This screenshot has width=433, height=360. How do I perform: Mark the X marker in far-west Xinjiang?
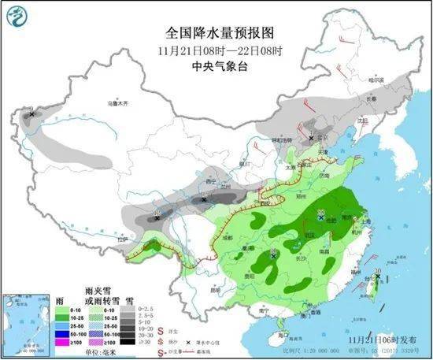coord(31,115)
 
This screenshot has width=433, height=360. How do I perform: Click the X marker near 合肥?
coord(321,215)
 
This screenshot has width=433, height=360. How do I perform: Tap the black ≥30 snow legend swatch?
coord(126,343)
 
